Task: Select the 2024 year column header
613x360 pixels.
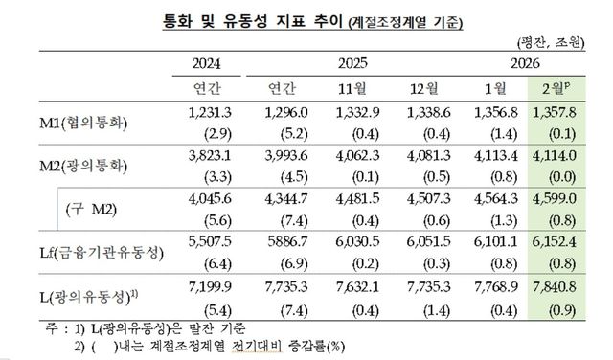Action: [x=212, y=63]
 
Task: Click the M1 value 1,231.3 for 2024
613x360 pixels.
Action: [x=212, y=113]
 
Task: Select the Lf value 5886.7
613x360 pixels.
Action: [x=282, y=242]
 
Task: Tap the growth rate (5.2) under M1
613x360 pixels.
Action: [x=282, y=133]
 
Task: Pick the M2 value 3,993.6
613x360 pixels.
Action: [x=282, y=156]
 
